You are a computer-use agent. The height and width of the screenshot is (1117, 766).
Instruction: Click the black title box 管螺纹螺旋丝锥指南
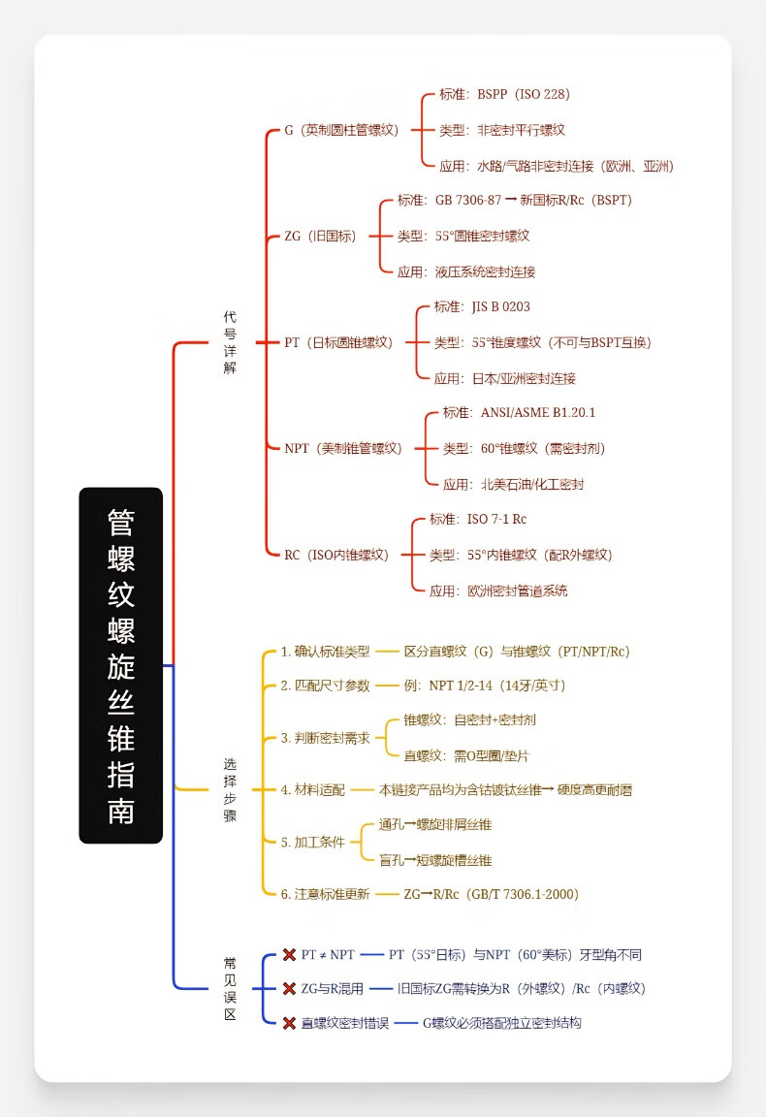(x=120, y=665)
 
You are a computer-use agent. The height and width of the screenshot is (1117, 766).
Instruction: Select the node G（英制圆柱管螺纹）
(x=340, y=130)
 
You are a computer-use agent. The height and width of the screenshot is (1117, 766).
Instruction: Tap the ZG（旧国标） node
(x=320, y=236)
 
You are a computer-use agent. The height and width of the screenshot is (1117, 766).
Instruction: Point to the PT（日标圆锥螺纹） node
(x=338, y=342)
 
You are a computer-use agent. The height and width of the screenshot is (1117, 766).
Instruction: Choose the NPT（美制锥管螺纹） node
(x=342, y=448)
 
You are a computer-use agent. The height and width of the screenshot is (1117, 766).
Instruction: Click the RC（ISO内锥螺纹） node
(x=335, y=555)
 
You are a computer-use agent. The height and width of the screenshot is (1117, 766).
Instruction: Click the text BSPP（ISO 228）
(x=523, y=94)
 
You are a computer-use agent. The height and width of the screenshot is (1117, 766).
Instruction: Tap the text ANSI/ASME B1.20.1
(x=537, y=412)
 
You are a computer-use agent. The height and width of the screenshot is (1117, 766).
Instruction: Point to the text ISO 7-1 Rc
(x=496, y=519)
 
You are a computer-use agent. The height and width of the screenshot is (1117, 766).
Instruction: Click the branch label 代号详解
(x=230, y=342)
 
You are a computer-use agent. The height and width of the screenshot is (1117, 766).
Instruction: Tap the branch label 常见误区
(x=230, y=988)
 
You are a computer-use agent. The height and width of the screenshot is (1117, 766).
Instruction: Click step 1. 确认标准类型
(x=325, y=652)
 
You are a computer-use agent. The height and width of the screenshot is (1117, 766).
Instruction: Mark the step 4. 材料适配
(x=312, y=790)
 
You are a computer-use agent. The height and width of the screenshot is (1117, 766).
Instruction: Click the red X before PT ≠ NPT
(x=289, y=955)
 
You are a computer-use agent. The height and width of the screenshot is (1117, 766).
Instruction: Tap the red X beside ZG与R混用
(x=289, y=989)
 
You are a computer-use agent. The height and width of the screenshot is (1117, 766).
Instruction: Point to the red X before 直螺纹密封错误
(x=289, y=1023)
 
